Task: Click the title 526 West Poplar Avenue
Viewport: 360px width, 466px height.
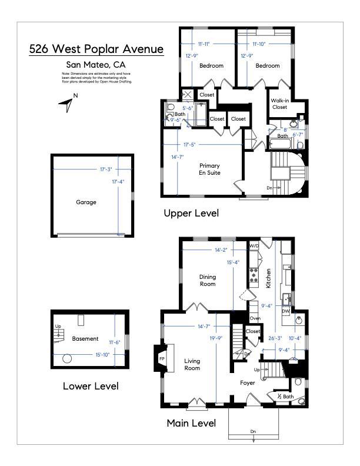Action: tap(96, 49)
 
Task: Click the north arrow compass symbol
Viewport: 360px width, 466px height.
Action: tap(67, 104)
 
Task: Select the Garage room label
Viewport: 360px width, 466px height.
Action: tap(86, 202)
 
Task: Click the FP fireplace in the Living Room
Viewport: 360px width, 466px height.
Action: tap(162, 357)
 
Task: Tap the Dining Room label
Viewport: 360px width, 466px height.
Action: tap(207, 281)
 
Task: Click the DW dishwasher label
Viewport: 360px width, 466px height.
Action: tap(285, 311)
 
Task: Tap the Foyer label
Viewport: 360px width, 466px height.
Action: tap(247, 382)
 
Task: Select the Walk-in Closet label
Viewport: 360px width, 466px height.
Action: tap(279, 104)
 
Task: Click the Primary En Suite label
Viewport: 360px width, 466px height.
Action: tap(209, 169)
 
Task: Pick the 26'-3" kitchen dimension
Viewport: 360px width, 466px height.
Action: tap(275, 338)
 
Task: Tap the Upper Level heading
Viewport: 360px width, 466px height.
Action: tap(191, 214)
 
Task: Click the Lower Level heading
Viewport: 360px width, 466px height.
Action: tap(91, 387)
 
